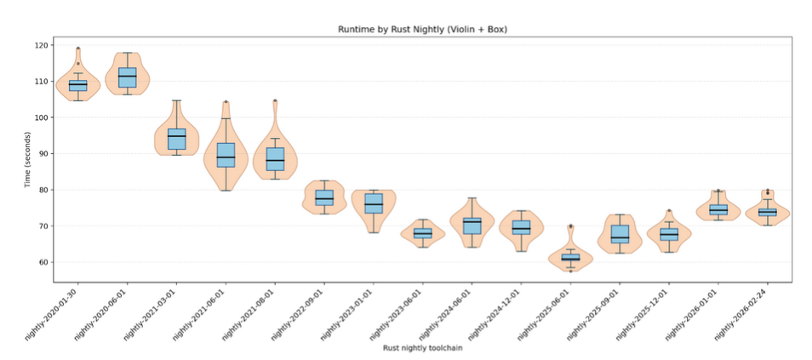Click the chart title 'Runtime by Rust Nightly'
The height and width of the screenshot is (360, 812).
423,29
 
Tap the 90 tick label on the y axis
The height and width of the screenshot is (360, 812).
43,154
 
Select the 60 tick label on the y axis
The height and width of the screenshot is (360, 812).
43,263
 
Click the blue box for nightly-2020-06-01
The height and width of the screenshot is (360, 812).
127,77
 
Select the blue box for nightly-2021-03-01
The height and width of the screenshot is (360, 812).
176,139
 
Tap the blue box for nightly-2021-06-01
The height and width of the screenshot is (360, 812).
226,155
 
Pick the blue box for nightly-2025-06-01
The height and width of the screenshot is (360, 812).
570,256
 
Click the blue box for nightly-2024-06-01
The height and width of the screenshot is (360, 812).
472,226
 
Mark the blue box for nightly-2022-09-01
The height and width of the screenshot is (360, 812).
324,198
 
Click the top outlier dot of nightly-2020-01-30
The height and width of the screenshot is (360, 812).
78,49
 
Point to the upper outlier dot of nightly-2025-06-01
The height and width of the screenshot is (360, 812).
570,226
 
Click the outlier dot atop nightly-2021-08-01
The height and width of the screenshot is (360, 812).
275,100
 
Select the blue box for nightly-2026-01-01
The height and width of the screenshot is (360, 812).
718,209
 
